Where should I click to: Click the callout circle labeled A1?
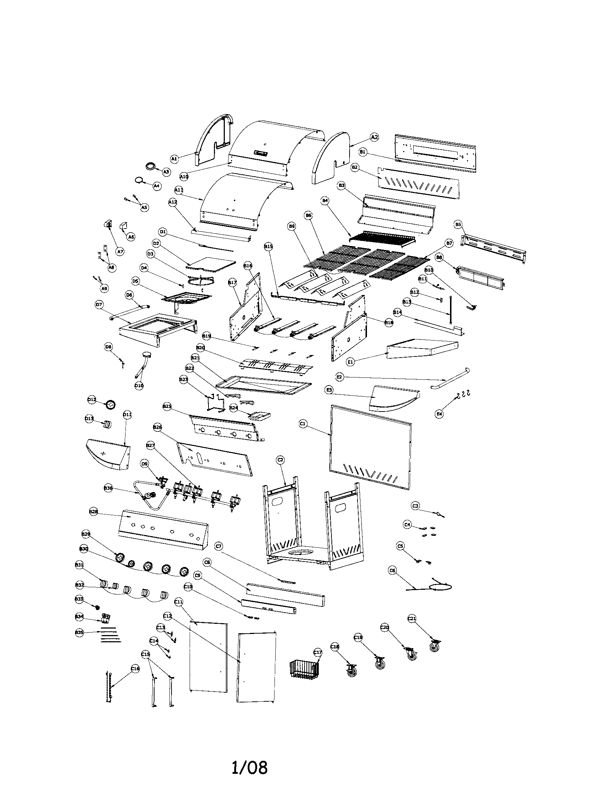[x=174, y=158]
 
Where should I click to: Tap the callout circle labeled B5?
[x=458, y=225]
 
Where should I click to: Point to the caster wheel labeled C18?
[x=352, y=670]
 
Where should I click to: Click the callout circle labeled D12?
[x=92, y=400]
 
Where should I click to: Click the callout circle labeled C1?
[x=302, y=424]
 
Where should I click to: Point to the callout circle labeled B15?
[x=268, y=247]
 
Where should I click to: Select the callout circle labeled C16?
[x=135, y=668]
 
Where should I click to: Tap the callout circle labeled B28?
[x=94, y=512]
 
